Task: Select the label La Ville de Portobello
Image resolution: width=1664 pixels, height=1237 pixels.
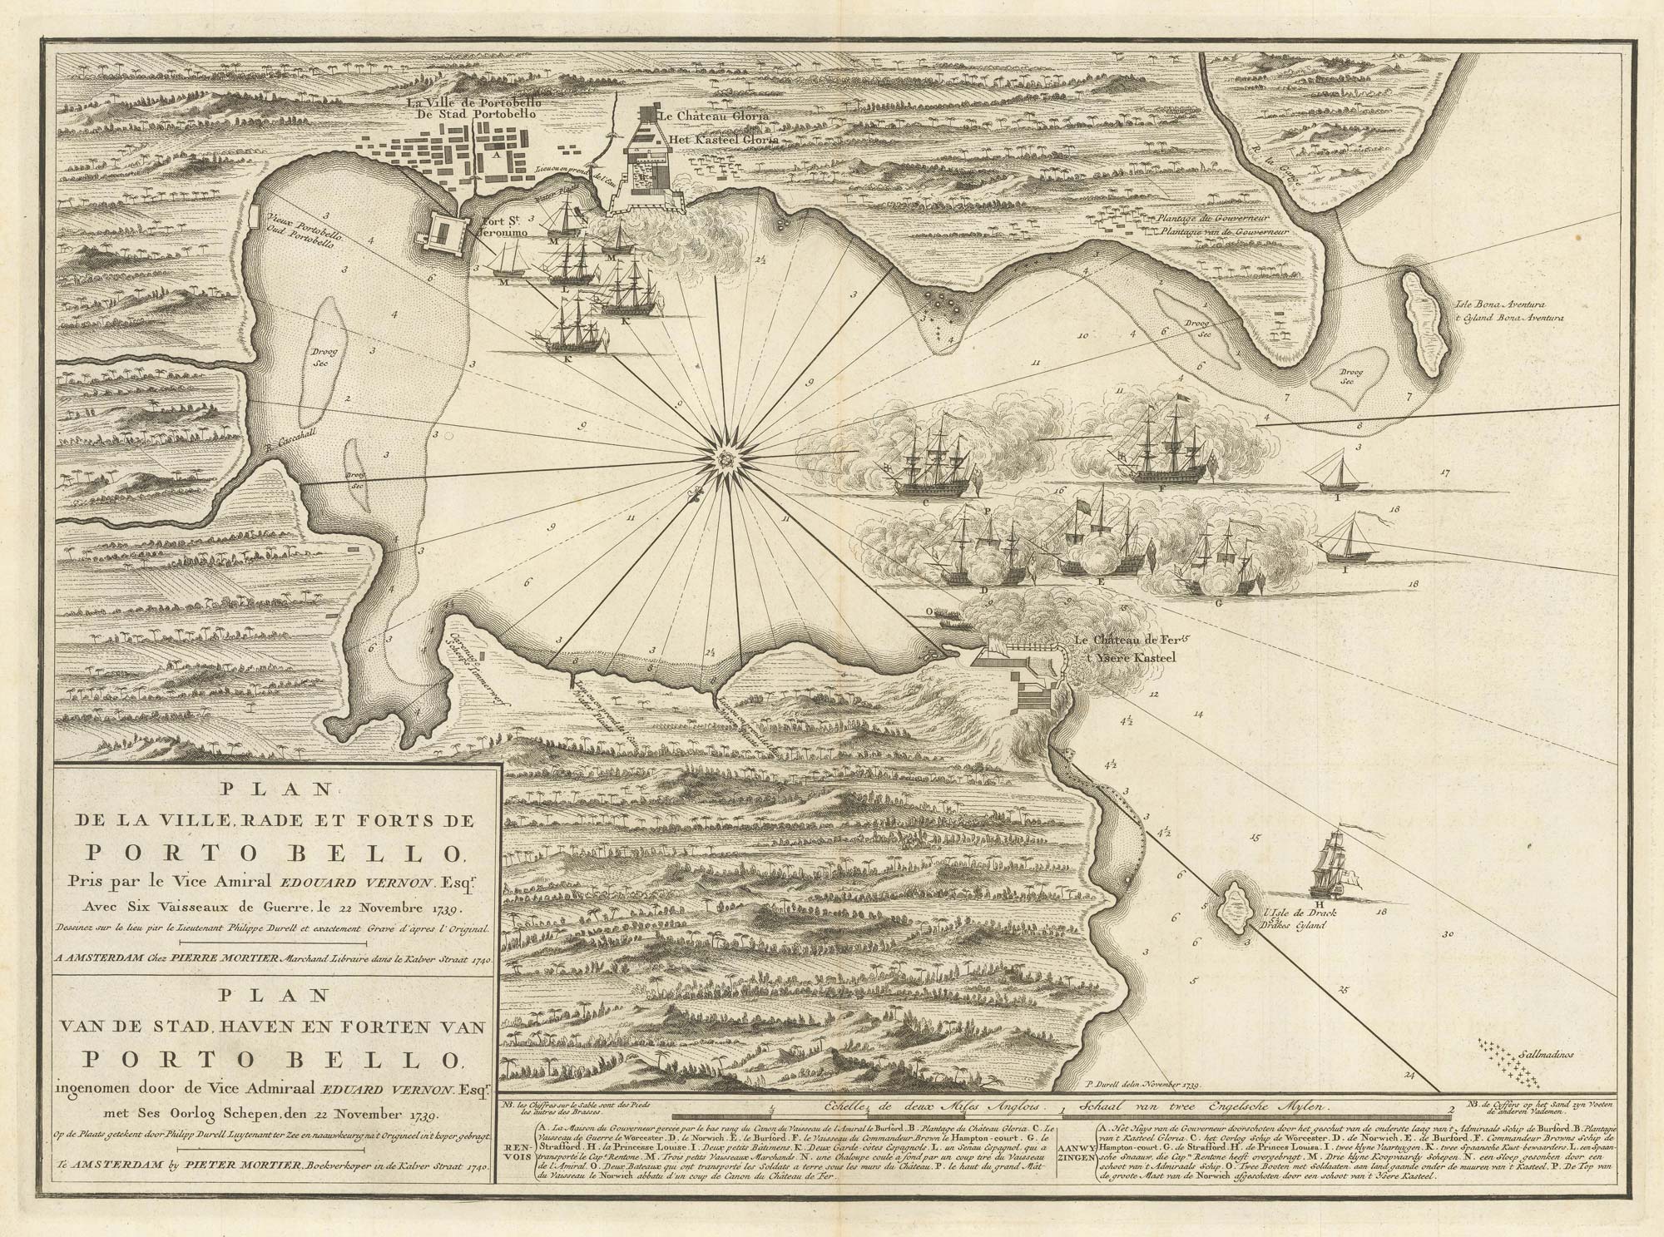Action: click(474, 102)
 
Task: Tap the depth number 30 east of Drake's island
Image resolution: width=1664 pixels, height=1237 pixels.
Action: click(1447, 933)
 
